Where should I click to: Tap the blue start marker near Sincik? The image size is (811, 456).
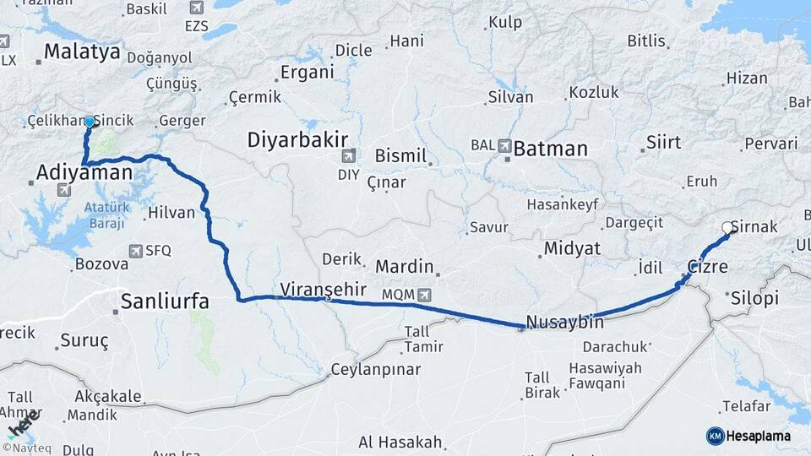click(x=89, y=122)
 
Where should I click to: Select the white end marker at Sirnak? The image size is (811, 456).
click(x=727, y=227)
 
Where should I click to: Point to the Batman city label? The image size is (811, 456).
click(x=550, y=149)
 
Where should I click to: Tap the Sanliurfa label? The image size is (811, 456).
click(x=165, y=301)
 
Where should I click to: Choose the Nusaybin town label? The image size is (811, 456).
click(x=564, y=322)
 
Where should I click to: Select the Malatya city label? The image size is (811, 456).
click(x=82, y=52)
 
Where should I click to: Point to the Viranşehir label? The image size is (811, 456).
click(x=324, y=288)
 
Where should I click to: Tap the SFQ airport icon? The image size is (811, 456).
click(x=135, y=251)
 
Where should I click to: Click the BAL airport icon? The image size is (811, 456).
click(x=505, y=145)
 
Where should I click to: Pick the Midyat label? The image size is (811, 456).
click(x=571, y=248)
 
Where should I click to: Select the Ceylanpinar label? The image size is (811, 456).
click(x=374, y=369)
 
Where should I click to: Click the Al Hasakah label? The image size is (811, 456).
click(x=400, y=442)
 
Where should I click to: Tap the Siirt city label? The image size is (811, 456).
click(x=663, y=142)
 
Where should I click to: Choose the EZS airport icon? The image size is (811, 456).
click(x=198, y=8)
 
